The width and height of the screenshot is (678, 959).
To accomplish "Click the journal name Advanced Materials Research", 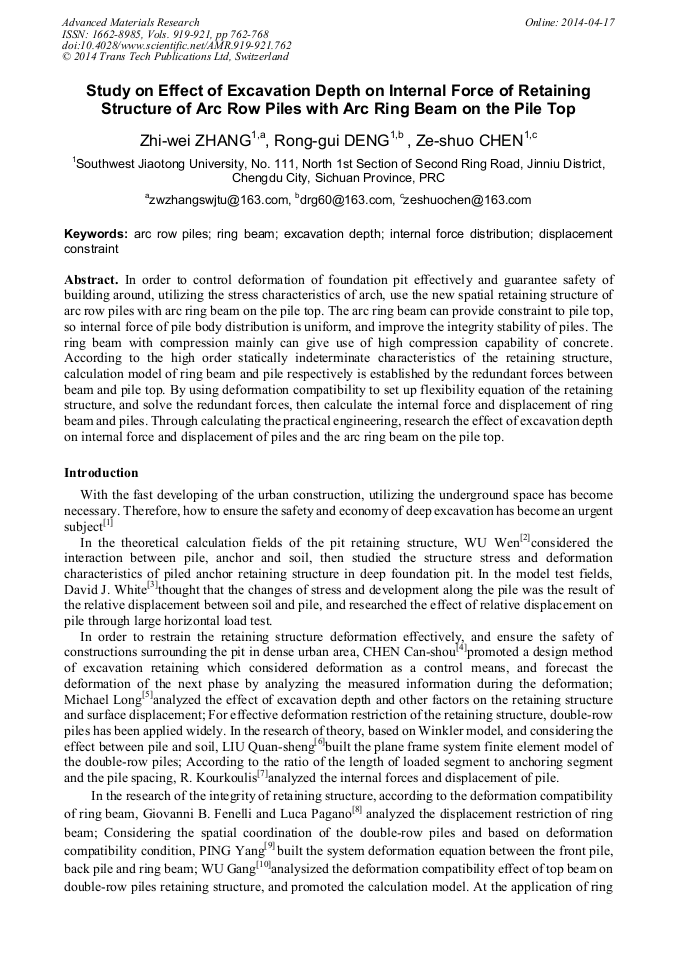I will click(x=131, y=22).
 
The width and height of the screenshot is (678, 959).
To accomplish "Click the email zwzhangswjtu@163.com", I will click(x=216, y=200).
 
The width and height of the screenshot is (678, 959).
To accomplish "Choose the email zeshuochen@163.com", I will click(x=468, y=200).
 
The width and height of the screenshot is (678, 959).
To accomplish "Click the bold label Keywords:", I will click(x=96, y=233).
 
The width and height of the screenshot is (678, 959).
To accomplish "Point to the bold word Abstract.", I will click(x=91, y=279).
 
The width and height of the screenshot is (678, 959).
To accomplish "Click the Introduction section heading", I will click(x=102, y=472).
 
